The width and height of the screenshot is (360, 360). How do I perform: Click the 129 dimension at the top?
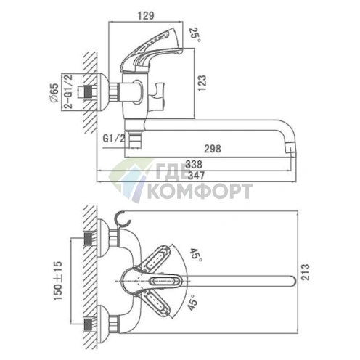pos(146,16)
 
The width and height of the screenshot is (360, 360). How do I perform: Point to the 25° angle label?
pos(195,35)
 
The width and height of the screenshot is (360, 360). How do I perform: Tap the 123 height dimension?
pos(202,83)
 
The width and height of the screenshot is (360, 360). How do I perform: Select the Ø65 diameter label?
pos(54,93)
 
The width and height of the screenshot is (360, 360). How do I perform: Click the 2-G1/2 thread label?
pos(68,91)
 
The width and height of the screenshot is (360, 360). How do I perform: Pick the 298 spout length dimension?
pos(213,149)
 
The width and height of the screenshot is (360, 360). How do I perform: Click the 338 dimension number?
pos(194,165)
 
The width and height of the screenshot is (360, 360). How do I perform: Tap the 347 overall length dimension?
pos(196,176)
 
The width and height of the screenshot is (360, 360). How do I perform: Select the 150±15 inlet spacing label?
pos(58,281)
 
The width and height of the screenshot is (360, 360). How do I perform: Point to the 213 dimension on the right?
pos(305,272)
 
